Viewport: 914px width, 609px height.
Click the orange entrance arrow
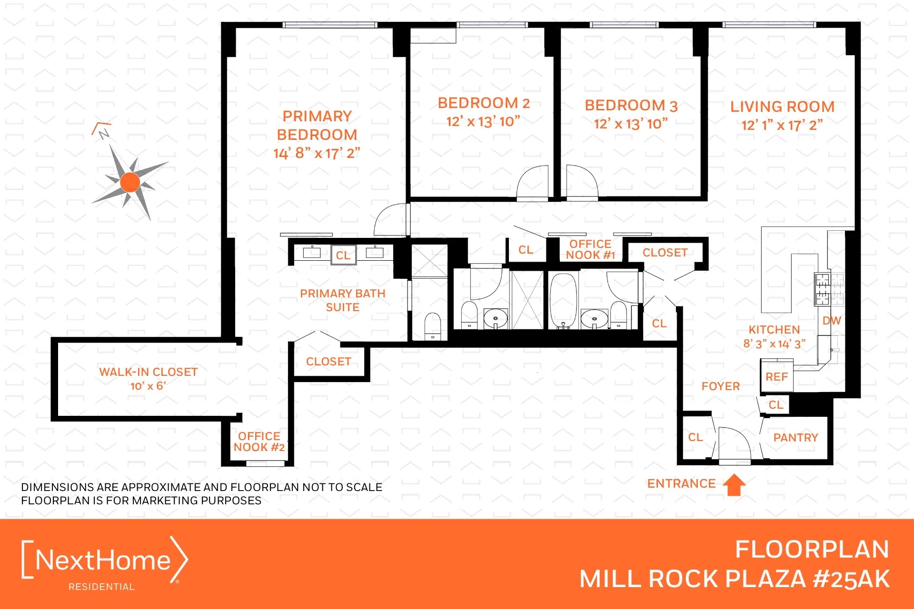pos(734,485)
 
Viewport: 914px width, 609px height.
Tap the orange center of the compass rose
pos(130,182)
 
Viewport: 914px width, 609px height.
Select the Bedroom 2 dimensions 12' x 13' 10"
pos(483,122)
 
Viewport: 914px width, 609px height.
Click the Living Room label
pos(782,107)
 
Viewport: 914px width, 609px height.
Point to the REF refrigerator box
pos(776,376)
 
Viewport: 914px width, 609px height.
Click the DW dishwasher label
pos(832,321)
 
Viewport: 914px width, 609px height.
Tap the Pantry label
pos(795,437)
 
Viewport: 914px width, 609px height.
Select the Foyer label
pos(720,386)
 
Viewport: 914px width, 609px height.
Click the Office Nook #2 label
pos(259,442)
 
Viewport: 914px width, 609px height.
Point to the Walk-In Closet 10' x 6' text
pos(148,379)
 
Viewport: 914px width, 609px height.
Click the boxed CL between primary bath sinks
pos(343,255)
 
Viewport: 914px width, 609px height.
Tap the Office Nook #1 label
pos(590,249)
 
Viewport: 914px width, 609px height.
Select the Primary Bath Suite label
pos(342,300)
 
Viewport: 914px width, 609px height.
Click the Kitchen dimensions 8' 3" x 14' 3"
pos(774,344)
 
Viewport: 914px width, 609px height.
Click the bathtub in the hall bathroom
pos(563,300)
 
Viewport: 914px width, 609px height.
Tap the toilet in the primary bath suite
pos(432,325)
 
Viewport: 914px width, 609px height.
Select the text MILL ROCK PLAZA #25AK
pos(734,579)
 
